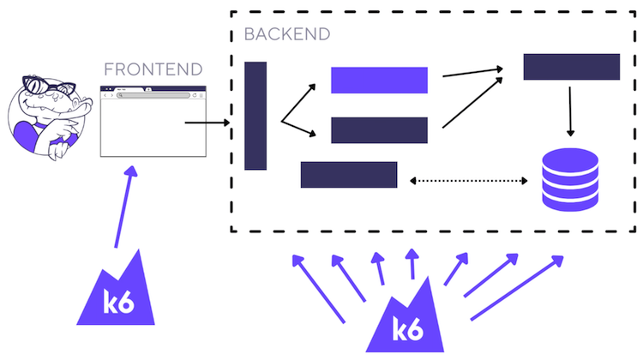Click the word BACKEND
tap(286, 34)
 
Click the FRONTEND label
tap(153, 69)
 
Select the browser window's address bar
tap(154, 95)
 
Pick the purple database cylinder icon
tap(570, 178)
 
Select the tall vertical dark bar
tap(255, 116)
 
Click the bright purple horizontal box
tap(379, 80)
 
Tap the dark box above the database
tap(571, 67)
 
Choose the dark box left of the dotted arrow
tap(349, 174)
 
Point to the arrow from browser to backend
tap(207, 123)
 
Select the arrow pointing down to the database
tap(571, 111)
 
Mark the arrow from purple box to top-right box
tap(472, 72)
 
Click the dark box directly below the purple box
tap(379, 130)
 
